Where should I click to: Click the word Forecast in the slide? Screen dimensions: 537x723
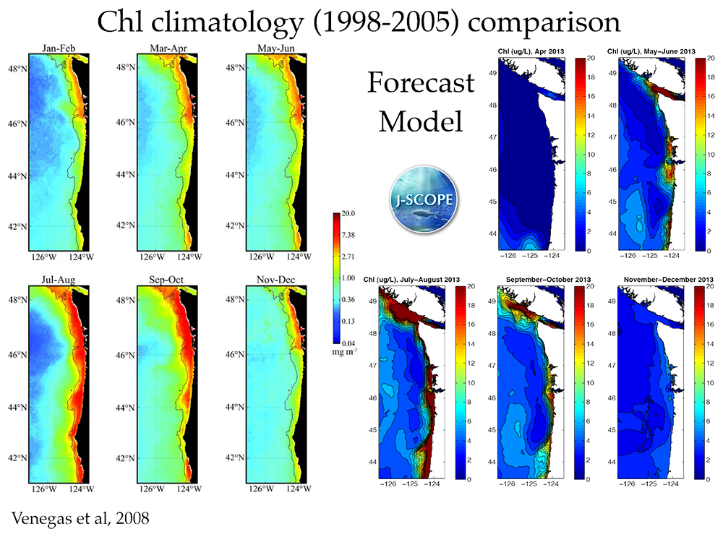tap(421, 82)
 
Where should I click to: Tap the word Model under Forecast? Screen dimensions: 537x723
tap(421, 120)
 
